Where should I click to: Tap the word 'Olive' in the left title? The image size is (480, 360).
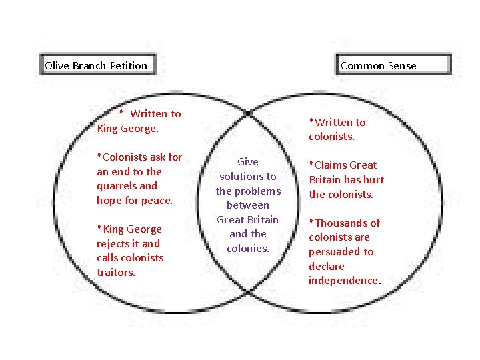tap(57, 65)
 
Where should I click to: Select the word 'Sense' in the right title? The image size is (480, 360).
tap(401, 65)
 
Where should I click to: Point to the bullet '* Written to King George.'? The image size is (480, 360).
tap(139, 121)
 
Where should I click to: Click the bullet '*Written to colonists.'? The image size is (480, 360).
tap(337, 129)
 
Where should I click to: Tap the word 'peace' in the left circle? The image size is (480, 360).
tap(157, 200)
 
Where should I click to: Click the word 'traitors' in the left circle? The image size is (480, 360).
tap(115, 272)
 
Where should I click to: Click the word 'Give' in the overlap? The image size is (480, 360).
tap(247, 161)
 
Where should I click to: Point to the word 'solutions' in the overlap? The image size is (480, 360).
tap(247, 176)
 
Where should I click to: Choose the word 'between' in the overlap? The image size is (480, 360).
tap(247, 205)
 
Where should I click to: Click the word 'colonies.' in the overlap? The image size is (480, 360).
tap(247, 249)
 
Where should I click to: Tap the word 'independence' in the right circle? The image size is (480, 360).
tap(343, 281)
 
